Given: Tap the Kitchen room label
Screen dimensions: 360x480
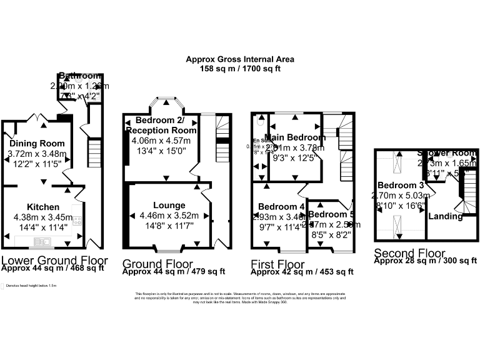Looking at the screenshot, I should coord(42,207).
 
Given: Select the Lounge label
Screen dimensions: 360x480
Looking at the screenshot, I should coord(169,205).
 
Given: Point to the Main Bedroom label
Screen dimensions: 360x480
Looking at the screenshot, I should coord(295,137).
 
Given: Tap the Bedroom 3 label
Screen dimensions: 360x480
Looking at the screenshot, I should coord(401,186).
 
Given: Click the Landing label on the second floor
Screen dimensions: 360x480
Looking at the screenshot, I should coord(446,217).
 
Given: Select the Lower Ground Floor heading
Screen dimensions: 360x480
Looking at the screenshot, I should coord(54,261).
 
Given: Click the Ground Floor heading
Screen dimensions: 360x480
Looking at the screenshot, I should coord(157,264).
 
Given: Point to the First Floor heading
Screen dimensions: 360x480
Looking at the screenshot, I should coord(278,264).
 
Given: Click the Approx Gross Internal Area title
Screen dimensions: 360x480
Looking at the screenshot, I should coord(240,60).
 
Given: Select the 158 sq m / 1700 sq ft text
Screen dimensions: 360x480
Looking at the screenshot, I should coord(240,68).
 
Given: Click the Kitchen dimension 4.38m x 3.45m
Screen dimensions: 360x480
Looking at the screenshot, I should coord(42,217).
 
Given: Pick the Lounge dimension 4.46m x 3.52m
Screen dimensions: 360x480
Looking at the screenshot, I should coord(169,216).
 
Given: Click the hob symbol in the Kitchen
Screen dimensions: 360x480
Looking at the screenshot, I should coord(78,220).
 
